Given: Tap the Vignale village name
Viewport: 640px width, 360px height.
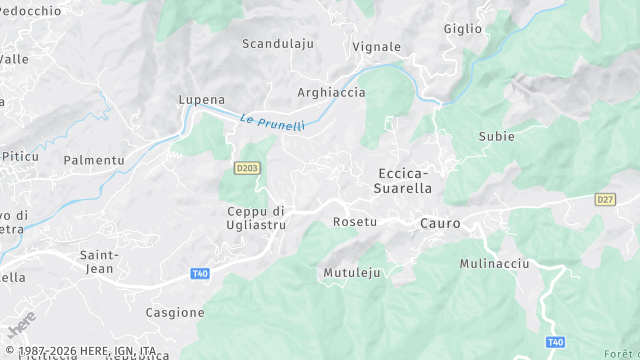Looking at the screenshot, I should (377, 47).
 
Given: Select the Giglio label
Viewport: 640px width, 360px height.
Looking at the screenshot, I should (463, 29).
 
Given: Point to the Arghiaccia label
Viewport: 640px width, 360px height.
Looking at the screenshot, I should (332, 93).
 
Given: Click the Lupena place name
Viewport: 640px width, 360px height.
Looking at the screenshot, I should (201, 100).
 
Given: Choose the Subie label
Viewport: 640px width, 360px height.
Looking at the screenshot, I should (497, 136).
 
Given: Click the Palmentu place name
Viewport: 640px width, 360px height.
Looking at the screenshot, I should (94, 160).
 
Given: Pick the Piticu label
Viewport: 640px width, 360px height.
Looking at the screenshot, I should (19, 157).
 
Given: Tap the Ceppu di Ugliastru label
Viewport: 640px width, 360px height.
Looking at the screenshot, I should (257, 218).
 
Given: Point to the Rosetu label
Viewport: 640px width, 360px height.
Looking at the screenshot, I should (355, 221).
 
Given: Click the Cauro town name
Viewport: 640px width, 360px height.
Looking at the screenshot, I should (441, 224).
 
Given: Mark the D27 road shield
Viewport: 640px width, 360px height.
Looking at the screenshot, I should (605, 200).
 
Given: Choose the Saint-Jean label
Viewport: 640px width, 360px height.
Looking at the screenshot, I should (100, 261).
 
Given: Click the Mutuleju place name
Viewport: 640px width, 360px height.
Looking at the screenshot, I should (353, 272).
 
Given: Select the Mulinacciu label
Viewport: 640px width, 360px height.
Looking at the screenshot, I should (494, 263).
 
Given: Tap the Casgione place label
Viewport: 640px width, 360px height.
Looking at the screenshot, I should (175, 313).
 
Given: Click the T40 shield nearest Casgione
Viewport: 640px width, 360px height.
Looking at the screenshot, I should (200, 274).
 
